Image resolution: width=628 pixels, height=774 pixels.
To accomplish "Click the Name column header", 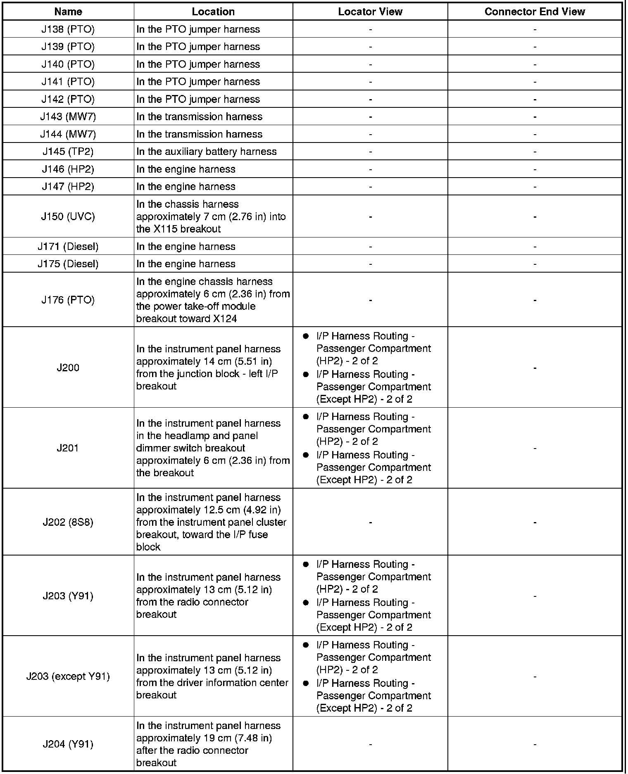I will point(68,12).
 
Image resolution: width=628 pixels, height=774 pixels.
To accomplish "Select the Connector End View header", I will point(535,12).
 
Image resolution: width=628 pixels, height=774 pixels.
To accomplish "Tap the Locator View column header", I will point(370,12).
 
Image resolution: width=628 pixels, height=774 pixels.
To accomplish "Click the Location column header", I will point(213,12).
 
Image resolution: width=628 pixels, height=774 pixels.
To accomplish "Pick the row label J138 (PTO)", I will point(68,29).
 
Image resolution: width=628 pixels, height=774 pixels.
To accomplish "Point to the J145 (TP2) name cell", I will point(68,152).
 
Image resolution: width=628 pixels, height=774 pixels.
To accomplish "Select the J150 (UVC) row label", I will point(68,216).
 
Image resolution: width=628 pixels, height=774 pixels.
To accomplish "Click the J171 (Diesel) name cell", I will point(68,247).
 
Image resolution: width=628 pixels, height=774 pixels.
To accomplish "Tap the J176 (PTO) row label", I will point(68,300).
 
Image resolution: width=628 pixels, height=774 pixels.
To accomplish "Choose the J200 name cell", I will point(68,368).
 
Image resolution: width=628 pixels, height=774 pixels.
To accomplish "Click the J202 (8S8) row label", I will point(68,522).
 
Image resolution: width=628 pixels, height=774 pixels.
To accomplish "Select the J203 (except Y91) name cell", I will point(68,677).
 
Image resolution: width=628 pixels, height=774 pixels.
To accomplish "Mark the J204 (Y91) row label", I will point(68,744).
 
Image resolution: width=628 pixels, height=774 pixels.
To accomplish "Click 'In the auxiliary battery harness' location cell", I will point(207,152).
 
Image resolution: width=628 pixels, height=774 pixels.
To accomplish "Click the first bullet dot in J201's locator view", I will point(306,417).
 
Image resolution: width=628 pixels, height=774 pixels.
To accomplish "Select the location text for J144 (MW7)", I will point(200,134).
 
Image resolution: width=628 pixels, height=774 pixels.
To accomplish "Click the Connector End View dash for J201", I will point(535,448).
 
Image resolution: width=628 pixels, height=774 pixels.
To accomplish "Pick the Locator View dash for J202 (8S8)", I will point(370,522).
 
